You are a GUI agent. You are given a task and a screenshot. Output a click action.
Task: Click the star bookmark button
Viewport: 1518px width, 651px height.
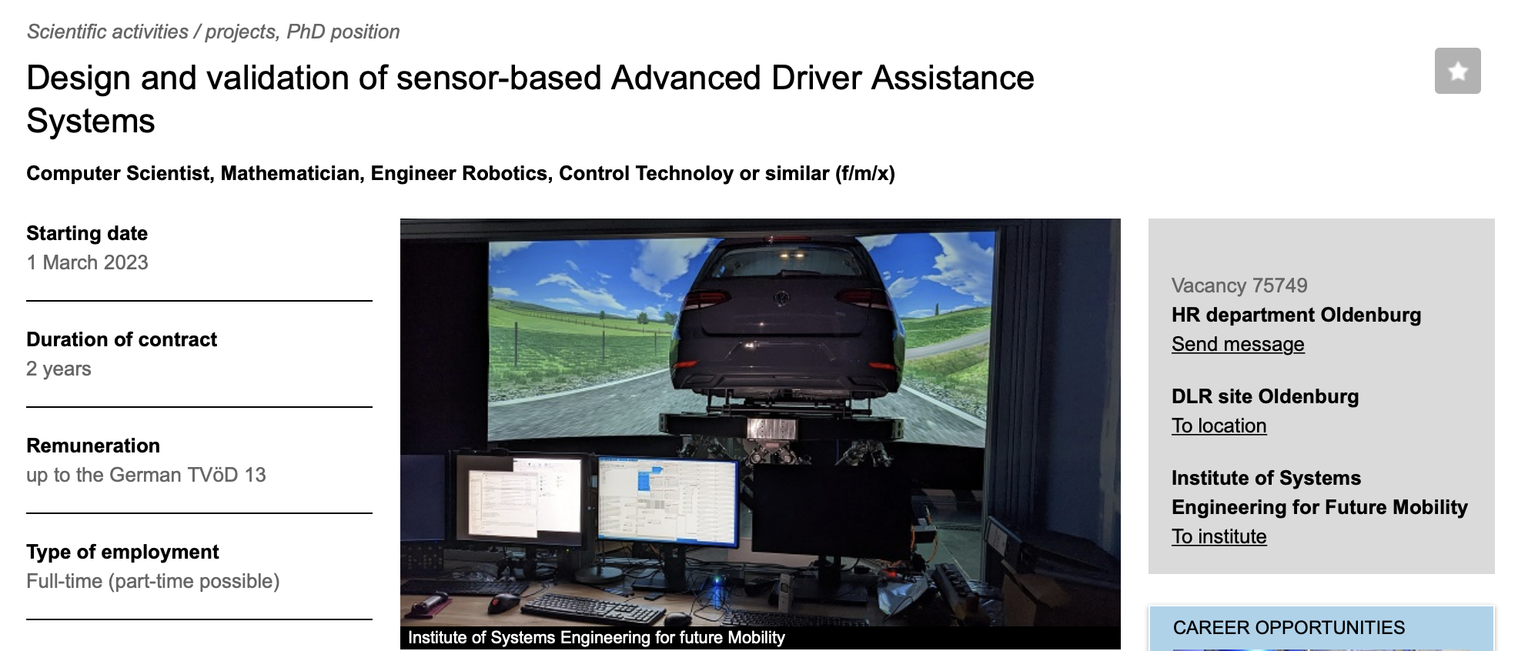coord(1457,71)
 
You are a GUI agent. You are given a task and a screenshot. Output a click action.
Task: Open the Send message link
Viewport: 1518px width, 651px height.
coord(1238,344)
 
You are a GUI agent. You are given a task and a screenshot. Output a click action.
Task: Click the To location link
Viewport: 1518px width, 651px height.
coord(1219,426)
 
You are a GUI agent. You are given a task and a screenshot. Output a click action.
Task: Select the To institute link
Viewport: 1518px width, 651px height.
coord(1219,536)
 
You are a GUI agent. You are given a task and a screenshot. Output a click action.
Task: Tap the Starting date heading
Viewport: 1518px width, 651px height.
coord(87,233)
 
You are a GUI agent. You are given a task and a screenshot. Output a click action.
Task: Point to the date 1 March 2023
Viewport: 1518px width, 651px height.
coord(87,262)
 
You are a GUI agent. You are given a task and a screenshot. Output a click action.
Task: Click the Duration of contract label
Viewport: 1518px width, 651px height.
coord(122,339)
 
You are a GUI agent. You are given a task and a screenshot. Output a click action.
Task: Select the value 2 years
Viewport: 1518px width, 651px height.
coord(59,369)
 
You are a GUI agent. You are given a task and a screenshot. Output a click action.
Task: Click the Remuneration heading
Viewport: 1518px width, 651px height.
coord(93,446)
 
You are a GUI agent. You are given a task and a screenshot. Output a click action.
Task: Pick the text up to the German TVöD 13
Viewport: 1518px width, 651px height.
coord(146,475)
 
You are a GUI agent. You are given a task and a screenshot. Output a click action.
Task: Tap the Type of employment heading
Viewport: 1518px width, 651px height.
coord(122,552)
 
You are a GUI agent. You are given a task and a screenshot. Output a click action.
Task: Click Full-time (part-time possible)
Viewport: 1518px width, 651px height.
coord(153,581)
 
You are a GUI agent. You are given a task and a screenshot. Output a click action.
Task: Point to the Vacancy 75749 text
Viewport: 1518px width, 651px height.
coord(1239,285)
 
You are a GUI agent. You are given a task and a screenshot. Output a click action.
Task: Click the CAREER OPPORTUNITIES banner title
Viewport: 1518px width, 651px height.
coord(1289,627)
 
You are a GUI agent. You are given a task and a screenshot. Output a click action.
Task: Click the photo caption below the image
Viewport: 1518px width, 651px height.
coord(597,637)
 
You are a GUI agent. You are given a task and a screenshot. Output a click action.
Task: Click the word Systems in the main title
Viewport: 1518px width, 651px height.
coord(91,121)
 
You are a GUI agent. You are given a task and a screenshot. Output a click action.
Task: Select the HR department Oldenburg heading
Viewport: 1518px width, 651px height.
coord(1296,315)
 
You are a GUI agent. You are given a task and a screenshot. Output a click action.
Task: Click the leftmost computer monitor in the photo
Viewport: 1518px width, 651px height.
coord(520,496)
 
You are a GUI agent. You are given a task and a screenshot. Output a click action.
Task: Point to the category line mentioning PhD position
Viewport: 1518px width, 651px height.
coord(213,32)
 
